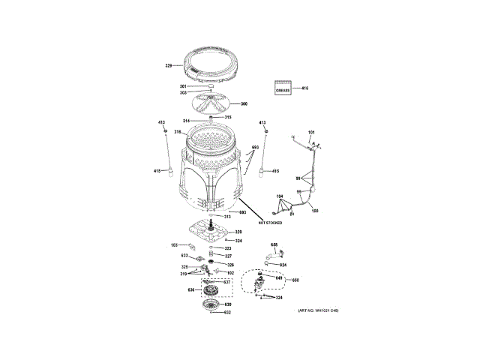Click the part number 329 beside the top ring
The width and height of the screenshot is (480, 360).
(169, 66)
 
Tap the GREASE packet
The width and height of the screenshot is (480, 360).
(283, 89)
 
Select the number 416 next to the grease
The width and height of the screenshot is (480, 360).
(305, 89)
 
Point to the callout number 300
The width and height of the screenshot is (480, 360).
(244, 103)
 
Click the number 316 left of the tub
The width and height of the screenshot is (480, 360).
(178, 133)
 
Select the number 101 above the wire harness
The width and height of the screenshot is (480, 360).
(312, 133)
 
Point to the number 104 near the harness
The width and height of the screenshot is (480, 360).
(279, 196)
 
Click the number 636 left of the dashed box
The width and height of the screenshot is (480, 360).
(190, 289)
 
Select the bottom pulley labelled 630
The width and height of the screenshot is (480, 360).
(211, 305)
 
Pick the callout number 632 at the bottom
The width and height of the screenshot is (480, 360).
(227, 312)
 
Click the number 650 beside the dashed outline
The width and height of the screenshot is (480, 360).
(295, 280)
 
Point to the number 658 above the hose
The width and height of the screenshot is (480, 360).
(274, 245)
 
